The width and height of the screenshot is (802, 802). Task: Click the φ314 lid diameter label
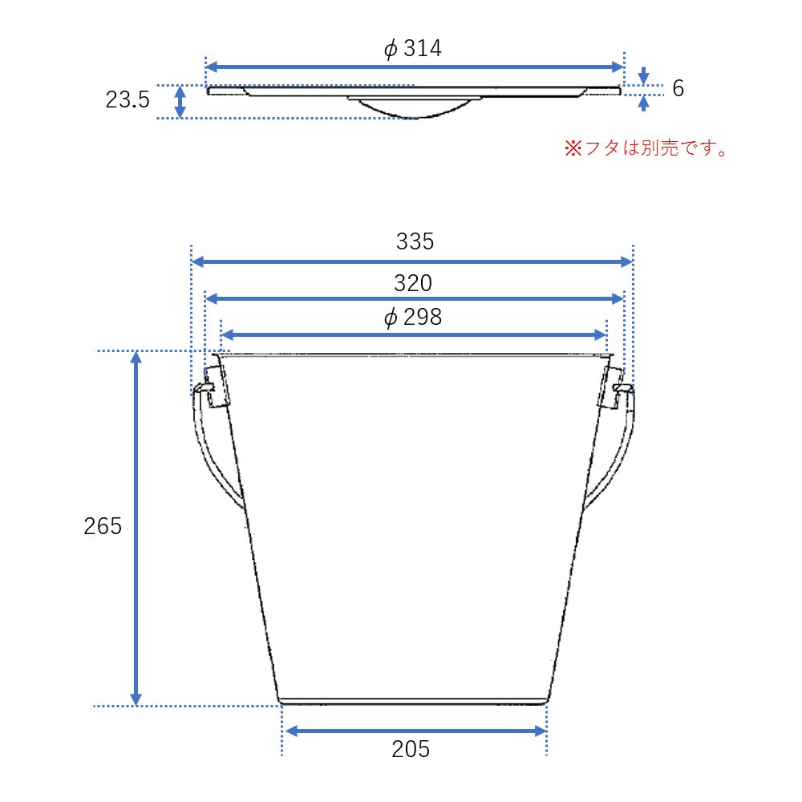pyautogui.click(x=413, y=49)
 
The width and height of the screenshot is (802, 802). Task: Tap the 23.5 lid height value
pyautogui.click(x=128, y=100)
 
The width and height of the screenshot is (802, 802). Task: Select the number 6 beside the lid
pyautogui.click(x=678, y=88)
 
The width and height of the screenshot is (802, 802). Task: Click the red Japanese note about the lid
pyautogui.click(x=646, y=148)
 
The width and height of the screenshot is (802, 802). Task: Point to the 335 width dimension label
pyautogui.click(x=415, y=241)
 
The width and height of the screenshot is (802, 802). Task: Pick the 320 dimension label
pyautogui.click(x=413, y=283)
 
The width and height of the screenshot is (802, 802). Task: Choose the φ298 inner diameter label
pyautogui.click(x=413, y=318)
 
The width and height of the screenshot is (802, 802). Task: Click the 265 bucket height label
pyautogui.click(x=103, y=526)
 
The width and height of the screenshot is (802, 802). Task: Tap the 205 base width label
pyautogui.click(x=411, y=749)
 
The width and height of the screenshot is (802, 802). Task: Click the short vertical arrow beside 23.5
pyautogui.click(x=180, y=102)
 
